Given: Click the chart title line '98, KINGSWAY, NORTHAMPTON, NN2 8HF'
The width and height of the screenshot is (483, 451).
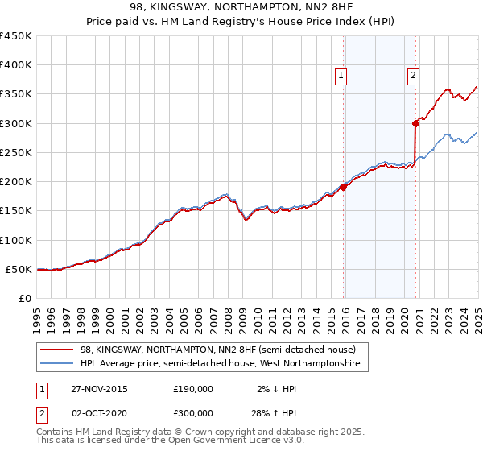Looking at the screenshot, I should click(x=241, y=9).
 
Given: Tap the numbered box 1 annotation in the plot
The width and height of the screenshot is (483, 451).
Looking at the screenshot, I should click(x=341, y=76).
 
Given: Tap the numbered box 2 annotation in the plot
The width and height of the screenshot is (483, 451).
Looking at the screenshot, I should click(x=413, y=76).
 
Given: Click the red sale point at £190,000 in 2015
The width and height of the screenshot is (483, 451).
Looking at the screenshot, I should click(x=344, y=187).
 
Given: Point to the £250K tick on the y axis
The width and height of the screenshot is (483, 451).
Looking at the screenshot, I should click(x=16, y=152).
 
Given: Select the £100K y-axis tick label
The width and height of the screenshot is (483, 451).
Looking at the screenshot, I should click(x=16, y=240).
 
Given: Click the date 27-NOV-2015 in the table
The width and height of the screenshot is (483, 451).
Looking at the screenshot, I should click(x=99, y=389).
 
